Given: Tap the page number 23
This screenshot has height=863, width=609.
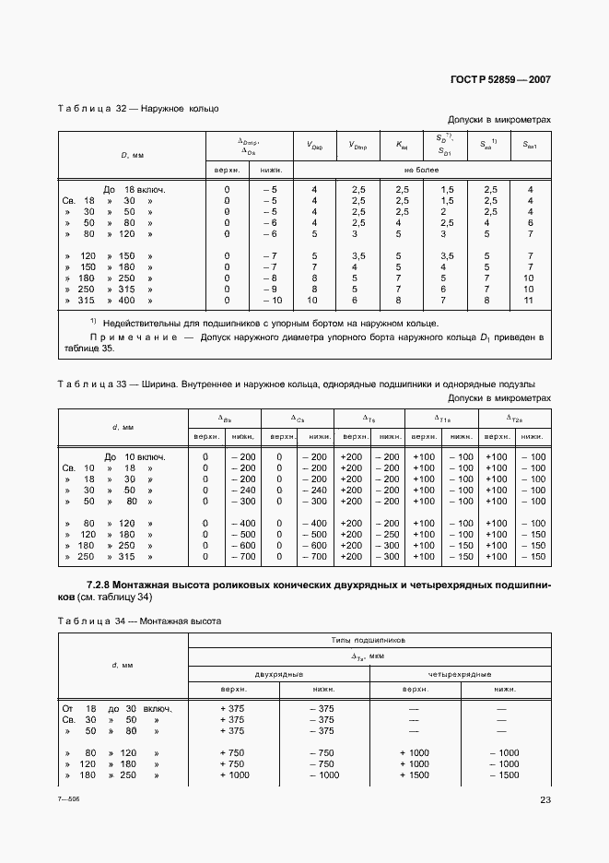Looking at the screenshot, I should point(545,800).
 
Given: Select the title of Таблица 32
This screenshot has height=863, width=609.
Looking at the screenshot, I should point(138,109).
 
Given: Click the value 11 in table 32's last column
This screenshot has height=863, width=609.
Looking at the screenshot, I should point(529,301).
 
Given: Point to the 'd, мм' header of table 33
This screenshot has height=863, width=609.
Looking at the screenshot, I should point(123,427).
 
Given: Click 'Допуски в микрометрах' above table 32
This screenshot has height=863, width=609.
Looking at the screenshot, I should point(498,120).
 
